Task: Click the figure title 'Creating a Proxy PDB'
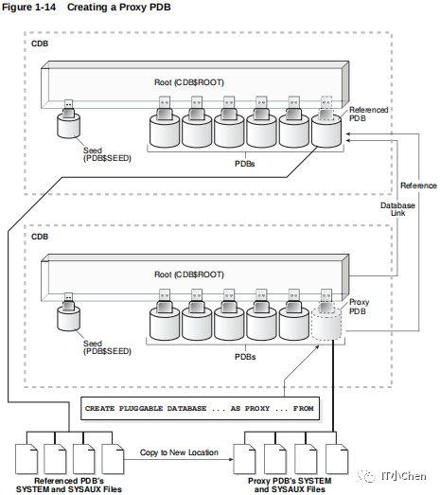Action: coord(118,7)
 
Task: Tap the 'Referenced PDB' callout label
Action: coord(368,114)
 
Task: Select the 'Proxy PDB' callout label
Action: coord(359,307)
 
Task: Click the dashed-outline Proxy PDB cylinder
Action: coord(326,325)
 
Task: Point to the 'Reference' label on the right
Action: coord(418,186)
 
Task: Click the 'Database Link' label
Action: coord(397,209)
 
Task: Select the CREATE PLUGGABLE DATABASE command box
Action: coord(200,409)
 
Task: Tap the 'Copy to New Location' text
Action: coord(179,452)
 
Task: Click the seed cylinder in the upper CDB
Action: coord(68,126)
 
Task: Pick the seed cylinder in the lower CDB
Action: coord(68,319)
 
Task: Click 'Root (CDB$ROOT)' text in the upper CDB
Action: coord(189,82)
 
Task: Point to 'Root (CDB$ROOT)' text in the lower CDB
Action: coord(189,274)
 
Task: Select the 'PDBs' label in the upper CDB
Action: coord(245,164)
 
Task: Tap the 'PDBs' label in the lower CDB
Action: coord(245,357)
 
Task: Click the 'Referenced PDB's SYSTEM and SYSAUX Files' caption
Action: coord(69,486)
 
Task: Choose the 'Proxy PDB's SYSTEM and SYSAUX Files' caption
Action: coord(290,486)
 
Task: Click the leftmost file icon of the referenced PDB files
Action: coord(26,459)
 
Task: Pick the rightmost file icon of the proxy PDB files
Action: coord(337,459)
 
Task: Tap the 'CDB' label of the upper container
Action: coord(40,44)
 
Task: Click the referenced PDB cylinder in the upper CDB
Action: coord(326,132)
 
